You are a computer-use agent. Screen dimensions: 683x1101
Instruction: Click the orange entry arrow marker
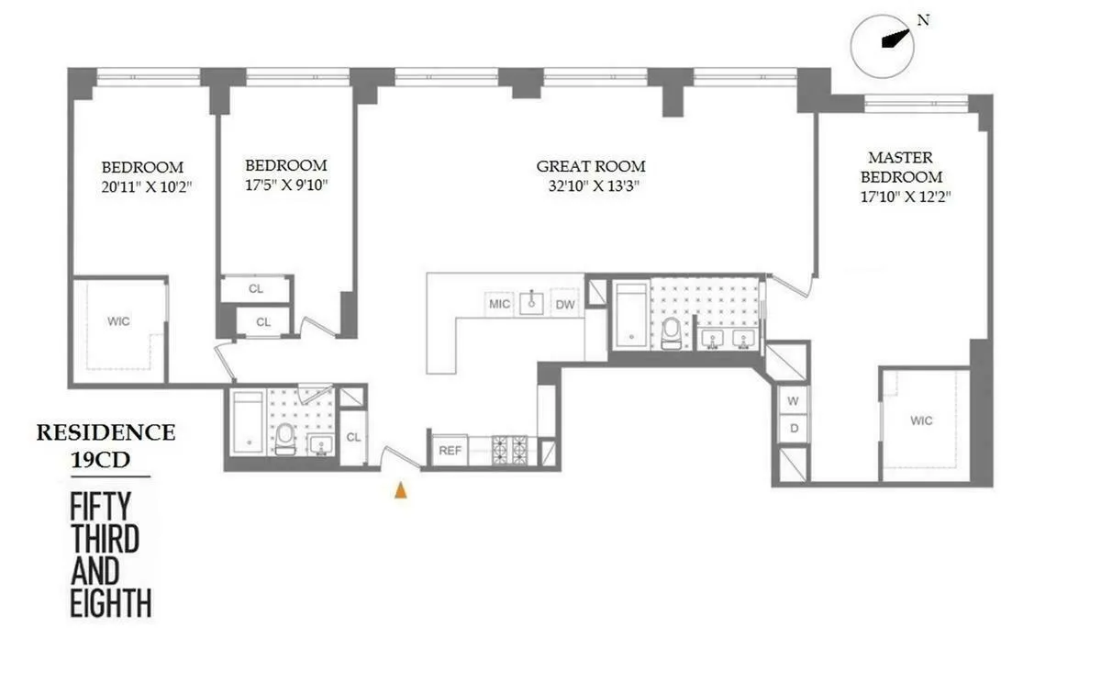[x=400, y=491]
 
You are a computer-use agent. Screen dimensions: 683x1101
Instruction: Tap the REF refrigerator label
[x=450, y=451]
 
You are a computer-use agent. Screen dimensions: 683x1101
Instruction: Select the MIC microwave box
[x=499, y=304]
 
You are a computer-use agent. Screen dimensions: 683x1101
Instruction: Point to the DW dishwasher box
[x=566, y=304]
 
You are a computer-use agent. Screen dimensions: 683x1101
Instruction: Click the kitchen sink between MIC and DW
[x=532, y=303]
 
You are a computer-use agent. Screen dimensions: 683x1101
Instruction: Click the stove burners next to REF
[x=510, y=449]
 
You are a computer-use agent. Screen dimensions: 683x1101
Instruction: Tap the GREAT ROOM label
[x=591, y=166]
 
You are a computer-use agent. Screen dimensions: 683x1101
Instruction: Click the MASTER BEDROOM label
[x=905, y=167]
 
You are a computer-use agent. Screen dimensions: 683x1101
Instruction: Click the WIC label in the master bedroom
[x=921, y=420]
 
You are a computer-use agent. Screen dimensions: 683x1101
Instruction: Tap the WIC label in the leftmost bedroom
[x=118, y=321]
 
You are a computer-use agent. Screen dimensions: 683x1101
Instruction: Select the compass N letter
[x=923, y=20]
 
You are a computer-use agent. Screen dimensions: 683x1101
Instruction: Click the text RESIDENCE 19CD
[x=106, y=445]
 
